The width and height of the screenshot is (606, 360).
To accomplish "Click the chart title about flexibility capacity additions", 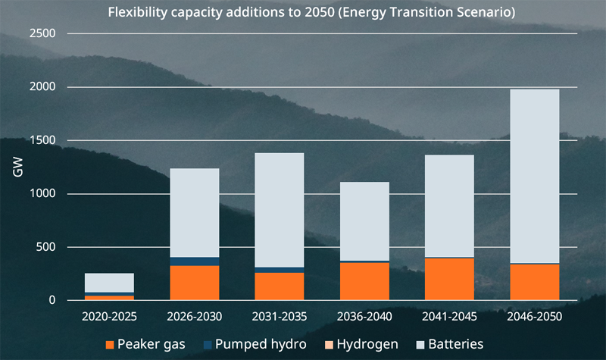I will click(303, 14).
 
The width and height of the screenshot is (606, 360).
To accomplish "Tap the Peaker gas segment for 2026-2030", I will click(194, 283).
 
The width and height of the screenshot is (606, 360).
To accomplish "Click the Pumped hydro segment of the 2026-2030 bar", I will click(194, 261).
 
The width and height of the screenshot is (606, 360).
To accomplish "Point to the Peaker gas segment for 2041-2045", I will click(449, 279).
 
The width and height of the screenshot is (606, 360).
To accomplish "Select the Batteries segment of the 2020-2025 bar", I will click(109, 282).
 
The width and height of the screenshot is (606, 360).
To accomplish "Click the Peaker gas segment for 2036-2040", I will click(364, 281).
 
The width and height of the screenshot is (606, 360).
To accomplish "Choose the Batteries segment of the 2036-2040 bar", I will click(364, 221).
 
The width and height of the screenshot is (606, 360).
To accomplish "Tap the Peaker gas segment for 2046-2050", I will click(534, 282).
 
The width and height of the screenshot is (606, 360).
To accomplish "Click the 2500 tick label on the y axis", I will click(42, 34).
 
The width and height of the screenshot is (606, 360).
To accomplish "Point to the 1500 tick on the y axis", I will click(42, 141).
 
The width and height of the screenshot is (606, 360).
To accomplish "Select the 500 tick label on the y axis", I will click(45, 247).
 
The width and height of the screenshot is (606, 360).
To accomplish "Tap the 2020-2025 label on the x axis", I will click(109, 315).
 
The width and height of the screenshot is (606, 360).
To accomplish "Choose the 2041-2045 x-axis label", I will click(449, 315).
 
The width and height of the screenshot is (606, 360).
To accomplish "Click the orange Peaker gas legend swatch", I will click(111, 345).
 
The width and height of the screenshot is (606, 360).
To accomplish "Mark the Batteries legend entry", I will click(446, 345).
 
